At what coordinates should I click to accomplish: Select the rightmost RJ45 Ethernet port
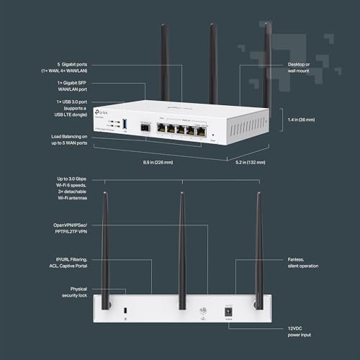[x=201, y=132]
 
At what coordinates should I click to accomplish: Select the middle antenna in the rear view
[x=181, y=245]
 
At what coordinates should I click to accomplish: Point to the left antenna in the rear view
[x=105, y=245]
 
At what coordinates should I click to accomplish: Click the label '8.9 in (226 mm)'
[x=157, y=162]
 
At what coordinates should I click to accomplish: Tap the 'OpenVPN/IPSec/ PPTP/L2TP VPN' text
[x=73, y=229]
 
